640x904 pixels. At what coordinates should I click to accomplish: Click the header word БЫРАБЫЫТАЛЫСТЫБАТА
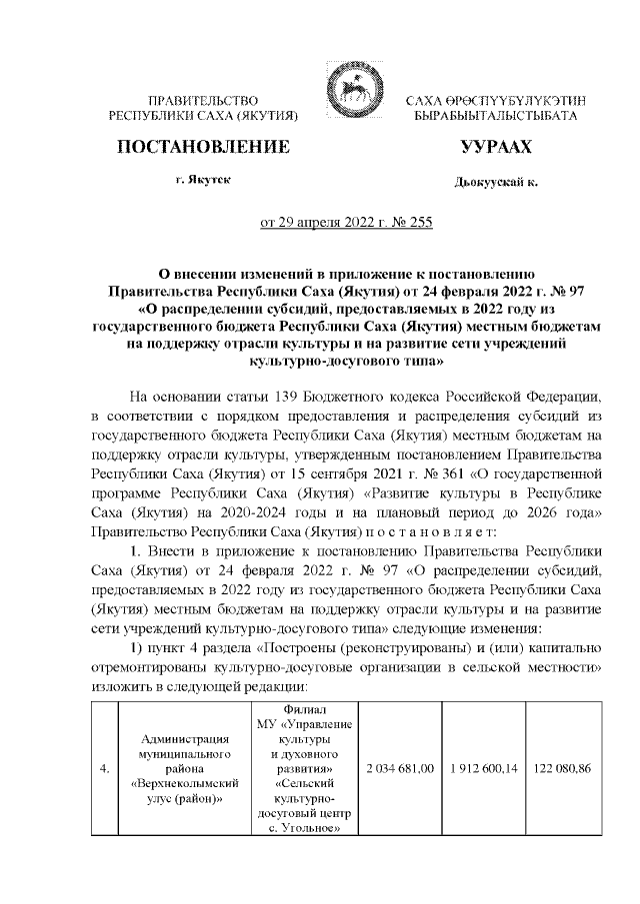click(496, 117)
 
